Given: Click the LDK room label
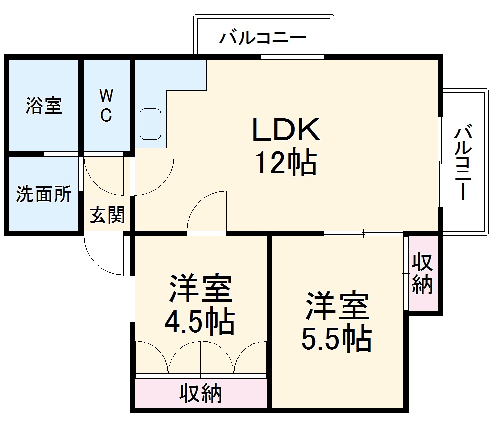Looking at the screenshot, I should pos(286,130).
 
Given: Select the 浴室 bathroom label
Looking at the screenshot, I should pos(44,106).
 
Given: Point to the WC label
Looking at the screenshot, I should pos(106,105).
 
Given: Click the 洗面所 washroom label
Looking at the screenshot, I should pos(43,194).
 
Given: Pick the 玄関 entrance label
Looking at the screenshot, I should pos(106,215).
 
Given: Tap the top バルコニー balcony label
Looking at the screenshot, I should pos(264,38).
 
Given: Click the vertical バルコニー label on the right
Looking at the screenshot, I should pos(464,163).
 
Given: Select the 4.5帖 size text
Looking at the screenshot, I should pos(199,322).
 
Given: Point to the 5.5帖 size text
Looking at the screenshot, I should pos(336,339).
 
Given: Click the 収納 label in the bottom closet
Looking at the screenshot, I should pos(200,394).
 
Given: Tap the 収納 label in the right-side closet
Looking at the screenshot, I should pos(422,273).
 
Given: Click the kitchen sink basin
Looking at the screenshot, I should pos(151,124).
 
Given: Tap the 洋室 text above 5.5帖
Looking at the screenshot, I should pos(337,305).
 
